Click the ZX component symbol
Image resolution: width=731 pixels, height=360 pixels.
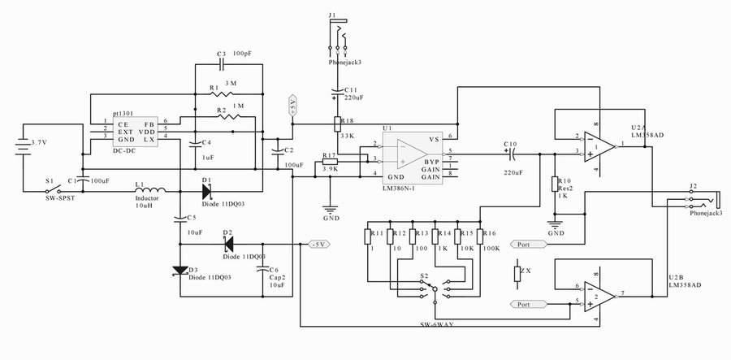click(517, 273)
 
